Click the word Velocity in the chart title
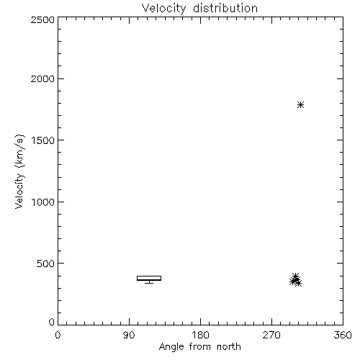[163, 9]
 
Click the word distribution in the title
[225, 8]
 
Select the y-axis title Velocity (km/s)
[19, 171]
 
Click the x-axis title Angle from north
[199, 346]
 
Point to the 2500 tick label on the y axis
[42, 20]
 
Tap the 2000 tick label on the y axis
[42, 79]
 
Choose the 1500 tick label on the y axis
[43, 140]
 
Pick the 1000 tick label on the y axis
[43, 202]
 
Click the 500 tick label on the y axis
[46, 264]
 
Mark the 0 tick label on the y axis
[52, 322]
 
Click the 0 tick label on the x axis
[58, 335]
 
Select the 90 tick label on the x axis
[129, 335]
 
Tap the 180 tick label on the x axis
[200, 335]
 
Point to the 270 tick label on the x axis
[271, 335]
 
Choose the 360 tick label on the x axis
[343, 335]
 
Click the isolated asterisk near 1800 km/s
[300, 105]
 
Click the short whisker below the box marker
[149, 282]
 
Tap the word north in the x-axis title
[229, 346]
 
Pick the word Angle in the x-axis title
[171, 347]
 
